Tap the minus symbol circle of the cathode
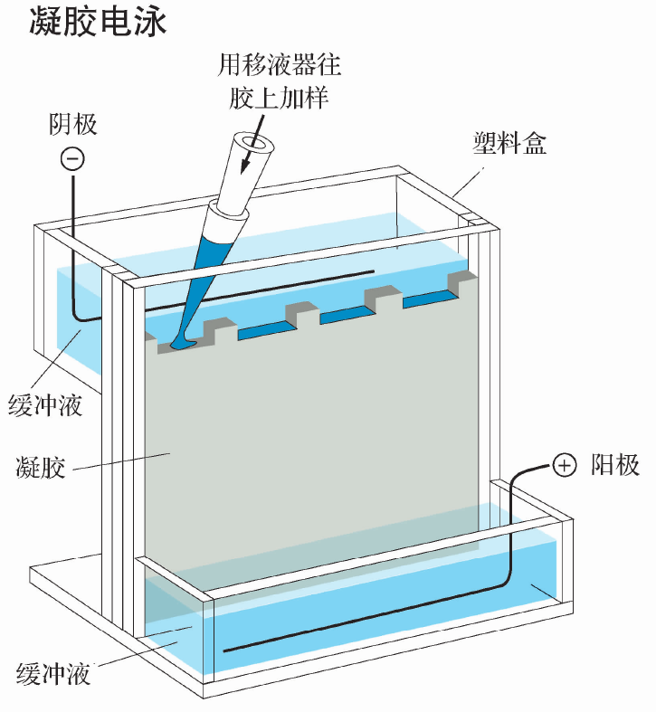coord(72,159)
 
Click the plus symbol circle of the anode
coord(564,466)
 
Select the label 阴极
coord(72,124)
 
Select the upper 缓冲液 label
coord(45,404)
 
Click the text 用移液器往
coord(280,65)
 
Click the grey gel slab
coord(308,434)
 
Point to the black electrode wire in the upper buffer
coord(262,288)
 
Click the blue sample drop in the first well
coord(181,345)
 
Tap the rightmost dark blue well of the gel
coord(432,298)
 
